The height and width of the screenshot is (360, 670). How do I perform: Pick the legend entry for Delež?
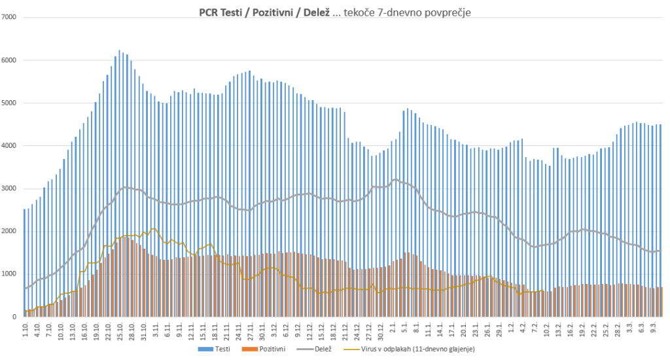pyautogui.click(x=317, y=350)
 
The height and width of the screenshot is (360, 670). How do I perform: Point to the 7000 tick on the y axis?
pyautogui.click(x=10, y=17)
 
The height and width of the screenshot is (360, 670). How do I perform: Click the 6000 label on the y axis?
pyautogui.click(x=10, y=60)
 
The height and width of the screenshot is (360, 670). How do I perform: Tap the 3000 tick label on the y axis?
pyautogui.click(x=10, y=189)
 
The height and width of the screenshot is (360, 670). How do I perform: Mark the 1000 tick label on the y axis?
pyautogui.click(x=10, y=274)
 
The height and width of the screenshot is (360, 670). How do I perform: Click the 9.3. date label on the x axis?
pyautogui.click(x=652, y=329)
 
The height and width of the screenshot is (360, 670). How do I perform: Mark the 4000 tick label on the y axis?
pyautogui.click(x=10, y=146)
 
